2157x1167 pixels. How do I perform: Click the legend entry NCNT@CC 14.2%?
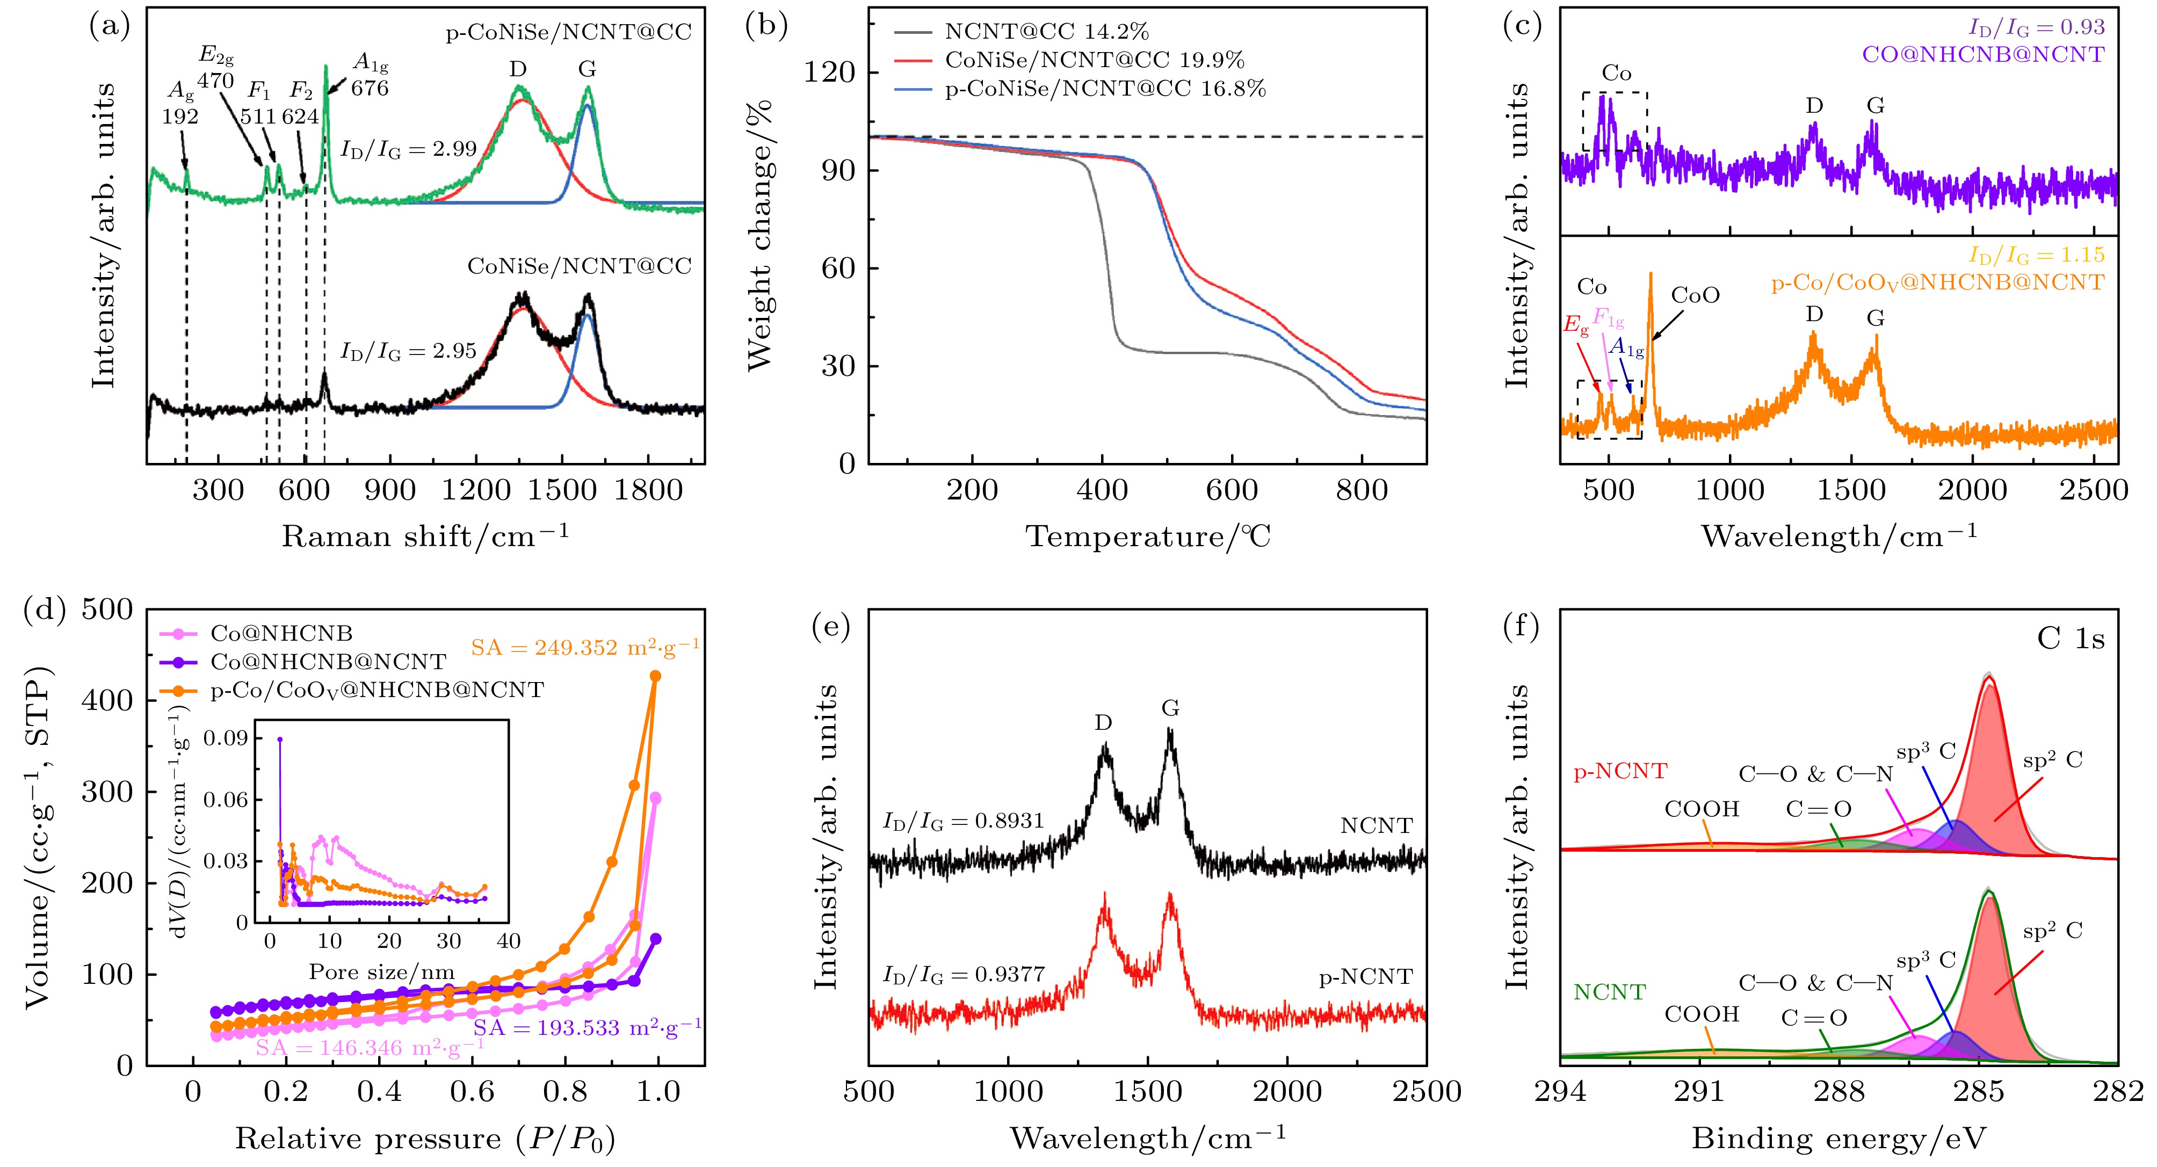coord(1047,32)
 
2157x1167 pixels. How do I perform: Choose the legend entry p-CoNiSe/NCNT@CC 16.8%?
coord(1105,88)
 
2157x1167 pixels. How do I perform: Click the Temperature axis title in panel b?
coord(1148,536)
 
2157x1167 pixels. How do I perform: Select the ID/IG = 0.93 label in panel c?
coord(2037,27)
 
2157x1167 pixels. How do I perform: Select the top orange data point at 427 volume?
coord(656,676)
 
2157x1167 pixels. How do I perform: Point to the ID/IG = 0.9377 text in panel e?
coord(963,974)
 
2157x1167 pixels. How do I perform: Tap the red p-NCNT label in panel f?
coord(1620,771)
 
